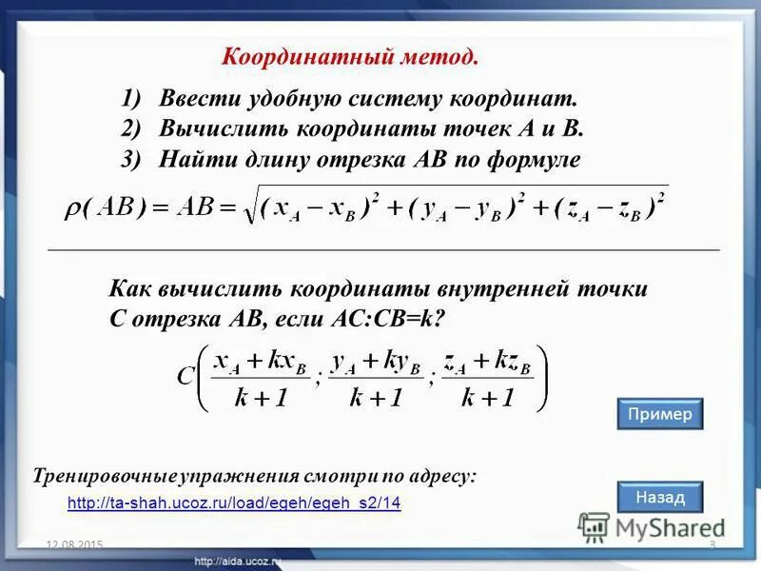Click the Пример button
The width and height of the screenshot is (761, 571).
[659, 414]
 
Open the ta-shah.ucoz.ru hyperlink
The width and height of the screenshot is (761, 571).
[235, 503]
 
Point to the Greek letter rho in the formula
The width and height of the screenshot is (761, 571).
[73, 209]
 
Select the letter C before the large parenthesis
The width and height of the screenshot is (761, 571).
[186, 376]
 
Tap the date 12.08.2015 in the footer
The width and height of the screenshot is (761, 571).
[74, 544]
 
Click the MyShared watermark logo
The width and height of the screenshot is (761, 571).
[653, 526]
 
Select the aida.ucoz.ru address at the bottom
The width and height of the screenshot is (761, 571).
[238, 562]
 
